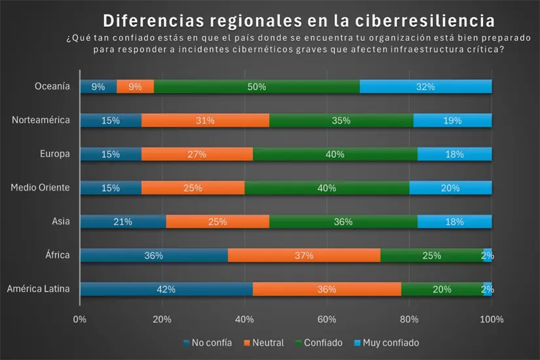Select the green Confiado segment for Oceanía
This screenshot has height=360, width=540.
click(257, 86)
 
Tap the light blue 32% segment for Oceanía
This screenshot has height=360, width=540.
click(425, 86)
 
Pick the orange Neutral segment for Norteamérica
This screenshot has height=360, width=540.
click(205, 120)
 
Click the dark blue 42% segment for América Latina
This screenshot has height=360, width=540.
click(166, 289)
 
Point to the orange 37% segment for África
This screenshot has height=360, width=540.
click(304, 255)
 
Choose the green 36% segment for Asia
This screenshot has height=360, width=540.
click(343, 222)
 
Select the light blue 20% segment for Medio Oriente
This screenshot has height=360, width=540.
click(450, 188)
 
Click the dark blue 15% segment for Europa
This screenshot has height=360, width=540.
click(111, 154)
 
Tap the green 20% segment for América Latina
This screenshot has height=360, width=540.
click(442, 289)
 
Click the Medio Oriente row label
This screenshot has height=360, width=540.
click(40, 188)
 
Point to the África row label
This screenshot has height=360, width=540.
click(57, 255)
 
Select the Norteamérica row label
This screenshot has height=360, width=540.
click(41, 120)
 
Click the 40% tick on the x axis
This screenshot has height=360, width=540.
click(244, 319)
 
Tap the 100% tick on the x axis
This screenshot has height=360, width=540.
click(492, 319)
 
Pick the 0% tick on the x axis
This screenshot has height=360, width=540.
click(80, 319)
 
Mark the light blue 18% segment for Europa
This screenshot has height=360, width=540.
click(454, 154)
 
